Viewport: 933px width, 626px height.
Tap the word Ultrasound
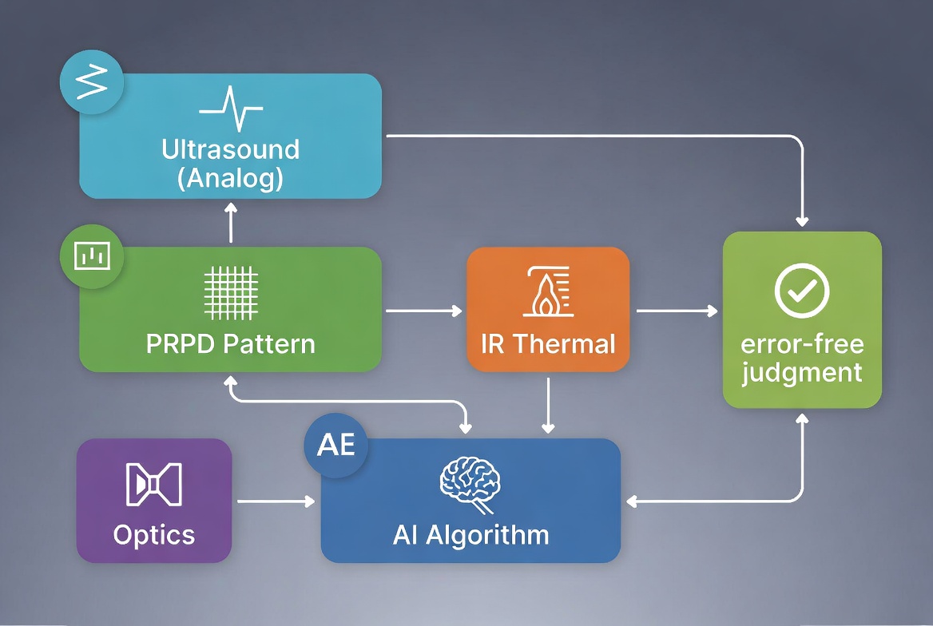click(x=230, y=149)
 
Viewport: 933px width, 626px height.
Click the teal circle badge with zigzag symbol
click(x=92, y=82)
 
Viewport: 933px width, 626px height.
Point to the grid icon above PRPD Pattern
click(x=231, y=292)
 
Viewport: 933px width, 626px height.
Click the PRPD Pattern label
click(x=231, y=344)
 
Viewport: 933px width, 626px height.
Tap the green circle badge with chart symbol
click(x=92, y=256)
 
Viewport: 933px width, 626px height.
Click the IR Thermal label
click(x=548, y=344)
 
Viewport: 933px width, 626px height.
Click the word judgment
click(x=802, y=373)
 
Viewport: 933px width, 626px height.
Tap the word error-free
click(x=802, y=346)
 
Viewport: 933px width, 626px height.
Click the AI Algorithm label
click(x=470, y=534)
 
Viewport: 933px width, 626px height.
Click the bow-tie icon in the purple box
click(x=154, y=485)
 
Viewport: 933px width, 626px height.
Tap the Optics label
click(x=154, y=534)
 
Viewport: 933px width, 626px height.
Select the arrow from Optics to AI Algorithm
click(x=276, y=501)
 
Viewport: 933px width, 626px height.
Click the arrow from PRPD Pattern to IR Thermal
click(x=423, y=311)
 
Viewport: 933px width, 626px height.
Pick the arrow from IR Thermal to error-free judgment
click(x=676, y=311)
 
